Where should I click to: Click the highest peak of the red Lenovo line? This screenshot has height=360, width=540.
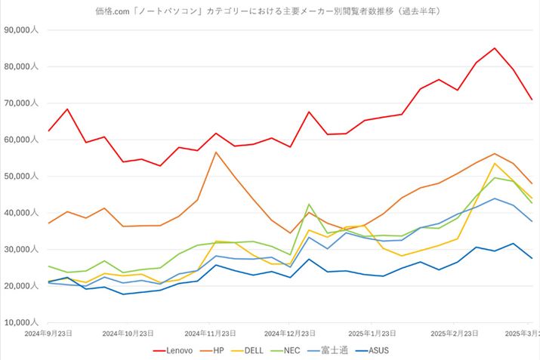point(495,48)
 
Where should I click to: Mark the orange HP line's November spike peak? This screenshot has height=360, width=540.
point(216,152)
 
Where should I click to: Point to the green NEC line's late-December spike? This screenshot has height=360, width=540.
point(309,205)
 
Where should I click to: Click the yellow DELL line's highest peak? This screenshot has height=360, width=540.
point(495,164)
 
